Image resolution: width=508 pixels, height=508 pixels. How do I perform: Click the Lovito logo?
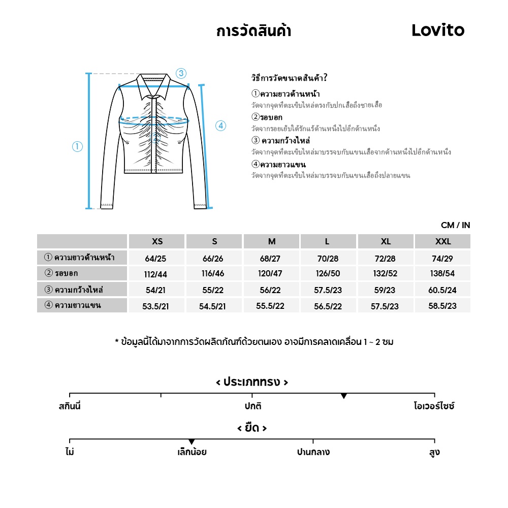coord(438,30)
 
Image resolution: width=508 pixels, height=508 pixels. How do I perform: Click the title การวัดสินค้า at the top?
coord(253,31)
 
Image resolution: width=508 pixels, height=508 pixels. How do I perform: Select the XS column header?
coord(157,242)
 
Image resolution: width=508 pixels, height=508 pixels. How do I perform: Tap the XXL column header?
coord(442,242)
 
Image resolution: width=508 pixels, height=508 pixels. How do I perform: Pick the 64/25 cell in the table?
coord(155,259)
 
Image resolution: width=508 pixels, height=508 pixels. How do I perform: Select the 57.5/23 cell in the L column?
coord(328,290)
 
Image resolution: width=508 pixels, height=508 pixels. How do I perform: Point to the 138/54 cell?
coord(442,274)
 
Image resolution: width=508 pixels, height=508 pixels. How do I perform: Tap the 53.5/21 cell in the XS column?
coord(155,306)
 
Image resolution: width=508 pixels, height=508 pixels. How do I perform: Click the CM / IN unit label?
coord(455,225)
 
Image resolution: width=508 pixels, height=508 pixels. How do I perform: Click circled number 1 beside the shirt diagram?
coord(77,147)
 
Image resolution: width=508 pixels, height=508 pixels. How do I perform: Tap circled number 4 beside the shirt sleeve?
coord(220,126)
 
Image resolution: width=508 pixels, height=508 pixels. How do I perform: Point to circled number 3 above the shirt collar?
coord(181,73)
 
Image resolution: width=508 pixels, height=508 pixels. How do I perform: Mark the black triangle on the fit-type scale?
coord(344,396)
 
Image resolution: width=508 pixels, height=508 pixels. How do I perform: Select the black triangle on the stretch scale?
coord(192,441)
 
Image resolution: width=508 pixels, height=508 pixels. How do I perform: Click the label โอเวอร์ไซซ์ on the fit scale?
coord(434,406)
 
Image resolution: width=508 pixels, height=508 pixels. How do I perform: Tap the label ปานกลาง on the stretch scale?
coord(313,452)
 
